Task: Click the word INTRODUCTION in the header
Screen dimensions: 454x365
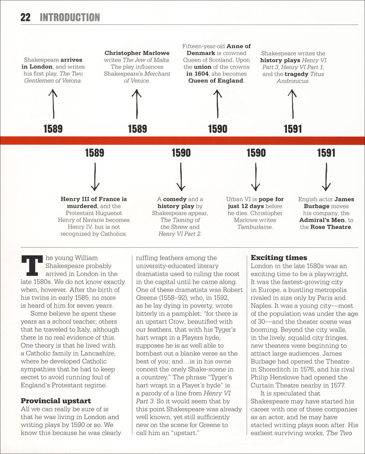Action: point(69,18)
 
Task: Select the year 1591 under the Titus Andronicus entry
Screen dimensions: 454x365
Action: point(292,129)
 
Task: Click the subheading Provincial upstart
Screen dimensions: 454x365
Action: point(56,400)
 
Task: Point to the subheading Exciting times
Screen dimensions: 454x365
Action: point(279,257)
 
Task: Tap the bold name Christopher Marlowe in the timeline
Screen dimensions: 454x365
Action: point(137,53)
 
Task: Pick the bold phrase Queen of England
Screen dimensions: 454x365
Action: point(216,81)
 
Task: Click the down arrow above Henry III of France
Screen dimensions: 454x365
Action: point(94,176)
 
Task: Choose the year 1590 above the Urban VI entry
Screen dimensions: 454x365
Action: point(256,153)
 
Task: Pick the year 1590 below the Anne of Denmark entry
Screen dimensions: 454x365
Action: point(217,129)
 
